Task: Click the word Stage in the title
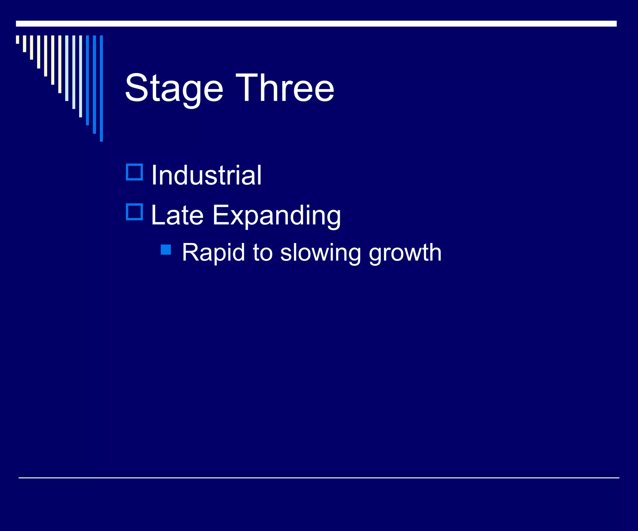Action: pos(174,89)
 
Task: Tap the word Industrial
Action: pos(207,175)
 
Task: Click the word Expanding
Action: pos(277,216)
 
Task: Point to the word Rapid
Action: pos(213,253)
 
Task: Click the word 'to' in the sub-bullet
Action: pos(263,253)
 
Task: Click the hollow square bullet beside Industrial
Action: pos(134,172)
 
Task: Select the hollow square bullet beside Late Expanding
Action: pos(134,212)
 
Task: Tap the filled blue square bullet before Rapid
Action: pos(166,250)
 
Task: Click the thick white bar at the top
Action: pos(316,24)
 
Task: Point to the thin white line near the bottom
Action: pos(318,478)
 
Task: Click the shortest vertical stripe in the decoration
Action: pos(17,40)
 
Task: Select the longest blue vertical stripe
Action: pos(101,89)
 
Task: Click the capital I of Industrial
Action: pos(154,175)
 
